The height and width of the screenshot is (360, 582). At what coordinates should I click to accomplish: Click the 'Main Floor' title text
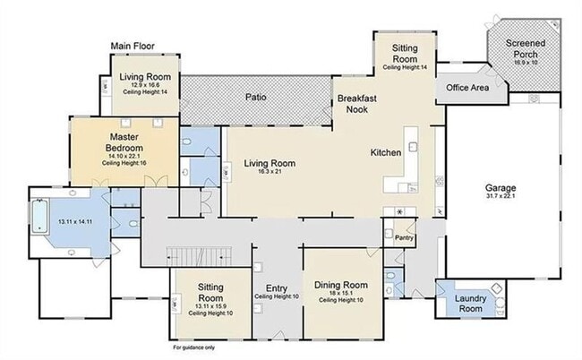pyautogui.click(x=132, y=46)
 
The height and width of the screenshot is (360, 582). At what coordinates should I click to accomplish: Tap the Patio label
pyautogui.click(x=261, y=97)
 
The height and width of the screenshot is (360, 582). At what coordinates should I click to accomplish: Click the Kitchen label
pyautogui.click(x=386, y=153)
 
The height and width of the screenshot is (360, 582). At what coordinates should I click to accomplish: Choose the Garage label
pyautogui.click(x=501, y=188)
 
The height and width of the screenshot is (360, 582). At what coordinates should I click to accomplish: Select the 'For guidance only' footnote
pyautogui.click(x=196, y=346)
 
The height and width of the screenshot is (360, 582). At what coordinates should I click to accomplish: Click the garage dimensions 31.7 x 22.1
pyautogui.click(x=501, y=197)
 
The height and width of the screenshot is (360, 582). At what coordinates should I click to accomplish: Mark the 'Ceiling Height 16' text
pyautogui.click(x=124, y=164)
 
